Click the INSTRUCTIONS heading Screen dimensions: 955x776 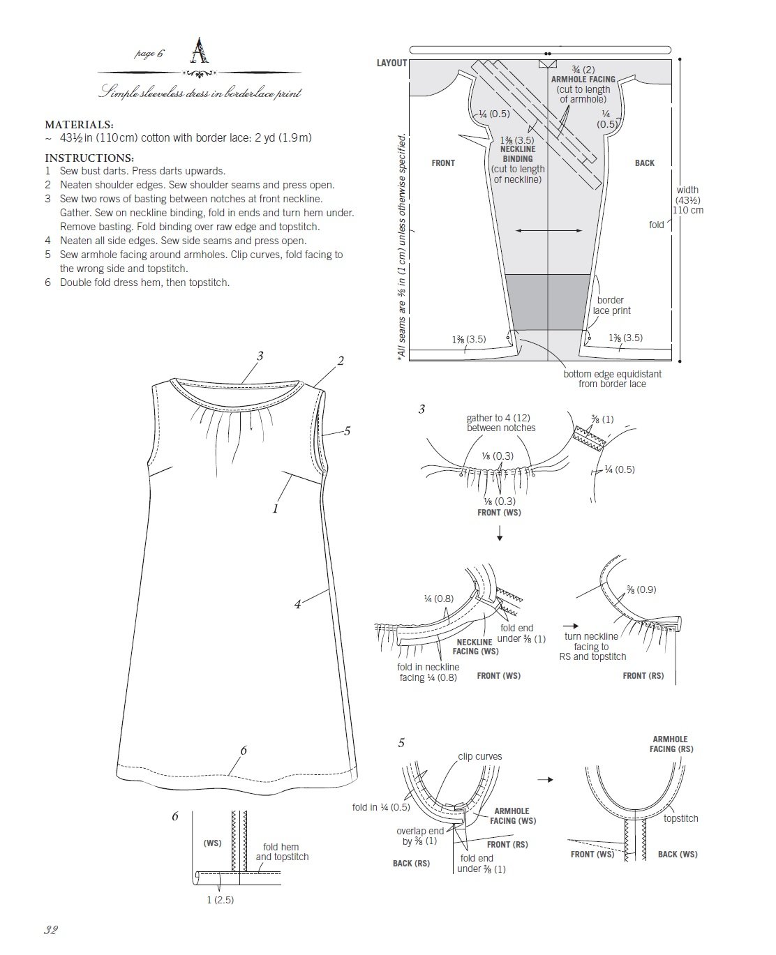89,158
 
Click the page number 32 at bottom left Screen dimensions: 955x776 50,930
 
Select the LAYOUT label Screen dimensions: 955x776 391,63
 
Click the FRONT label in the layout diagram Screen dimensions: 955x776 443,163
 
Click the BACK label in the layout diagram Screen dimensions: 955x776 644,163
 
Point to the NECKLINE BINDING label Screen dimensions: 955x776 517,154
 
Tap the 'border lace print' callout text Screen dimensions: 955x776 611,306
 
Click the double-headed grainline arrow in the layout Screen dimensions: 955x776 550,230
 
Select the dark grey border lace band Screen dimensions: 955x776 549,301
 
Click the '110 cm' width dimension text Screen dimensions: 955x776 687,210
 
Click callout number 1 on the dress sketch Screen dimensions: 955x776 276,509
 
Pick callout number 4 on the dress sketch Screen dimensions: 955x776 297,605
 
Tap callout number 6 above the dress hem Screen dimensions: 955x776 244,751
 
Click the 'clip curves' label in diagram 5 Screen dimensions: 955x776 479,756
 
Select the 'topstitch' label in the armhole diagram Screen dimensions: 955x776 680,818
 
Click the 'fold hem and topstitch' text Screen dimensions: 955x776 281,852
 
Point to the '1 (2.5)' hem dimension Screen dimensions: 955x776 220,900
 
